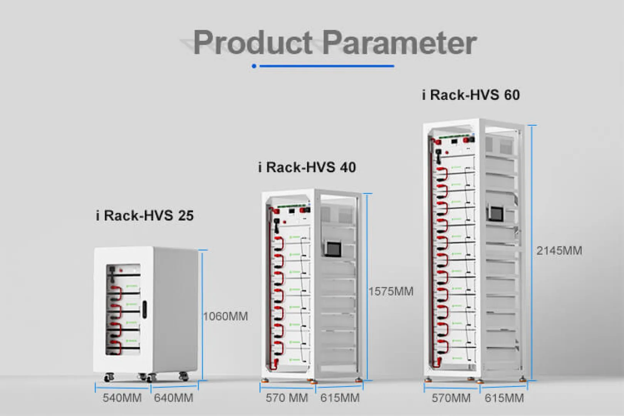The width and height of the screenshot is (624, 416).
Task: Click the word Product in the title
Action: (x=253, y=43)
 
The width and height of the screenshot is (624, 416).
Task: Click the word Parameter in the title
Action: (x=399, y=43)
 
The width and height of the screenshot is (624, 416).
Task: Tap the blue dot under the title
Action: (x=254, y=66)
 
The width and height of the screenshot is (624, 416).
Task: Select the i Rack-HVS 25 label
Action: (x=144, y=215)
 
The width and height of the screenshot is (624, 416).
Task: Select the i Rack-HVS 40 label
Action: (x=307, y=167)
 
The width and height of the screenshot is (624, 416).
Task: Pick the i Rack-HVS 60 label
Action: (x=471, y=95)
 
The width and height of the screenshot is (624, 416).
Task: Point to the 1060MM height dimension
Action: (x=225, y=316)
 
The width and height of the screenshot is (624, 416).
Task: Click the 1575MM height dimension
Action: (x=391, y=292)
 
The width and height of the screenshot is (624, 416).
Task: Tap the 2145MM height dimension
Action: (x=559, y=251)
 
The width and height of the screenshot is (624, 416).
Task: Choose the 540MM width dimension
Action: (x=122, y=398)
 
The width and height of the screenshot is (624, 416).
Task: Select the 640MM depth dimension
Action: (x=174, y=398)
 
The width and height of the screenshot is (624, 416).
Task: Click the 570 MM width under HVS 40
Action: (x=287, y=398)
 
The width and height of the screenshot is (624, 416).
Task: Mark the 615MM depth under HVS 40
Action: (x=340, y=398)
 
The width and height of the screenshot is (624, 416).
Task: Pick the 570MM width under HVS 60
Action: (x=451, y=398)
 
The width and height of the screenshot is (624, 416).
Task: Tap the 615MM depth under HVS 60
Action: (x=504, y=398)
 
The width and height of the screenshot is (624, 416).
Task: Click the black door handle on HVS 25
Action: (x=144, y=309)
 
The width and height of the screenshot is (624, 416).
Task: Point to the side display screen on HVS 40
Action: (x=333, y=249)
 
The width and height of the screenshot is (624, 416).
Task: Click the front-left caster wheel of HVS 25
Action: (x=109, y=377)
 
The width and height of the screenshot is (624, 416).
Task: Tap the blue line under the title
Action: (x=327, y=66)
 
